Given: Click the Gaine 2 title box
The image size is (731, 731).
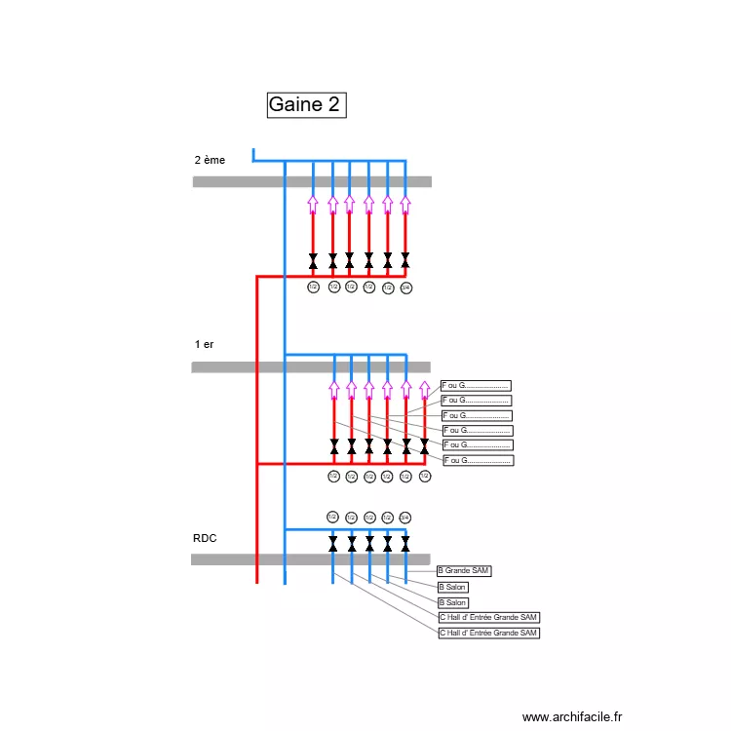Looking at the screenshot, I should click(x=305, y=104).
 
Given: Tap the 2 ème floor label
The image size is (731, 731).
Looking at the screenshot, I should click(x=210, y=160).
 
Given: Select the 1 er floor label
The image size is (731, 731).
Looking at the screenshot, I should click(x=204, y=344).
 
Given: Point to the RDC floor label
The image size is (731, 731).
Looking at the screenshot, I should click(x=204, y=537).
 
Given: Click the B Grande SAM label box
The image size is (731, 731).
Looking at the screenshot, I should click(x=465, y=571).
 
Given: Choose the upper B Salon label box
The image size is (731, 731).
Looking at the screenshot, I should click(x=452, y=587).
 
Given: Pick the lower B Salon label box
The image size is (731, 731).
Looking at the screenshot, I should click(x=452, y=602).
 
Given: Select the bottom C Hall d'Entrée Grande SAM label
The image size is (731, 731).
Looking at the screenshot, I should click(x=488, y=633).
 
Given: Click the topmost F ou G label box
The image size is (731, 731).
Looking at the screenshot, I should click(x=476, y=386).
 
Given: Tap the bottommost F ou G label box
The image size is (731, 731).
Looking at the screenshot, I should click(x=478, y=460).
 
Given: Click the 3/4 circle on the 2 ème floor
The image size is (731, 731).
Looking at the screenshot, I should click(x=406, y=288).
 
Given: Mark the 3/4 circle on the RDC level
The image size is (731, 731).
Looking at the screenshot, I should click(x=405, y=518).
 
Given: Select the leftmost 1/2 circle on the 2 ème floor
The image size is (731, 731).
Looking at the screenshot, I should click(x=314, y=288).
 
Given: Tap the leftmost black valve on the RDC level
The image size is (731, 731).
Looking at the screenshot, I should click(x=333, y=544).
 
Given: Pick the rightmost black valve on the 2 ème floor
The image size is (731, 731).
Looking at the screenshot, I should click(x=405, y=260).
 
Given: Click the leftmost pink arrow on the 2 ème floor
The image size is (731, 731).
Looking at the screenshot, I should click(x=313, y=205).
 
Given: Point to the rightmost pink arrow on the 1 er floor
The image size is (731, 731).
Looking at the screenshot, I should click(x=424, y=391).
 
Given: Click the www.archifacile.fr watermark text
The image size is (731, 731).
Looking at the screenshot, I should click(x=571, y=715).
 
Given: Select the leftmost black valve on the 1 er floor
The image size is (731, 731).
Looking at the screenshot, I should click(x=334, y=446).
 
